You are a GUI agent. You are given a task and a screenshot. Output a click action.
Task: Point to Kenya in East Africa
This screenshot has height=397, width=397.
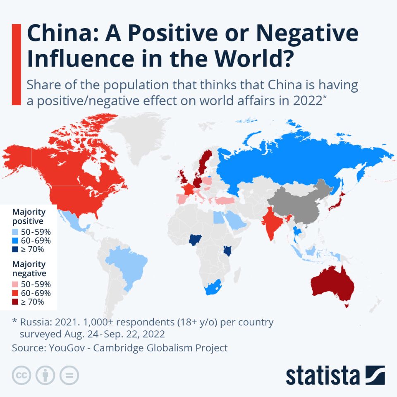pos(227,251)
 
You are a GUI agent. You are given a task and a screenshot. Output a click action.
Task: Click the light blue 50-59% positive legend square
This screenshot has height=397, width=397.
pos(15,232)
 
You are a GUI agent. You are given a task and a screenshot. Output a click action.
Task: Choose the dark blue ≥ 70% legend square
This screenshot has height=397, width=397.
pos(15,249)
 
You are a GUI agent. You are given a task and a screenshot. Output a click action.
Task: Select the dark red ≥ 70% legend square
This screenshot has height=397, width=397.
pos(15,302)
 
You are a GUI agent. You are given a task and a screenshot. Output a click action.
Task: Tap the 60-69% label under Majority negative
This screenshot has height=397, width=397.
pos(36,293)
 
